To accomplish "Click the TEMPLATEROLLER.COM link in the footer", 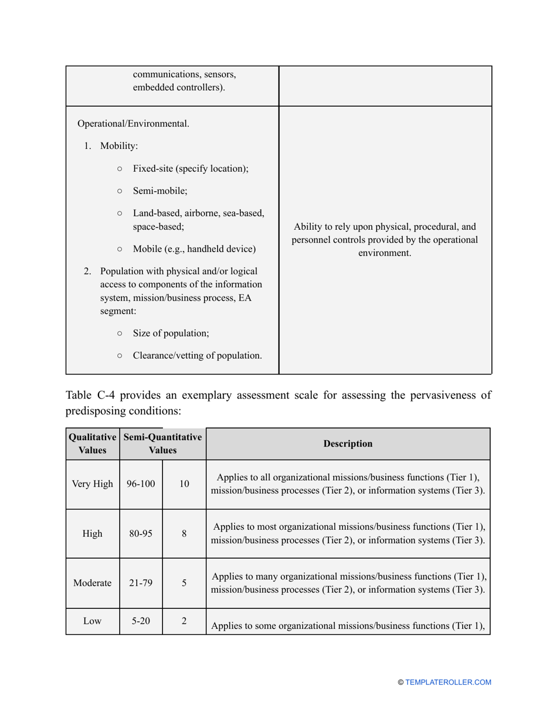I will [x=448, y=682].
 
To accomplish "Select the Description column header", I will [x=348, y=444].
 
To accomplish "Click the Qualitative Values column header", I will [x=93, y=444].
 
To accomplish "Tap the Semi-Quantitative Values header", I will [x=162, y=444].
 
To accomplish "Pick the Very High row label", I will [x=93, y=484].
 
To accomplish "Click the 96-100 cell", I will [x=141, y=484].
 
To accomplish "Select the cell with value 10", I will [x=184, y=484].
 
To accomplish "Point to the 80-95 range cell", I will [x=141, y=533].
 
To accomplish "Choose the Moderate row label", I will [x=93, y=583].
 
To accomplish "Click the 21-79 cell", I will [x=141, y=583].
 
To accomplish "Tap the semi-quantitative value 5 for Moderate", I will [x=184, y=583].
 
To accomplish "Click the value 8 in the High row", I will [x=184, y=533].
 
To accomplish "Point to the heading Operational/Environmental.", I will [x=133, y=124].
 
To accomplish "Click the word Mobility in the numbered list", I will [x=119, y=146].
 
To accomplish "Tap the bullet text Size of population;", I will [x=171, y=333].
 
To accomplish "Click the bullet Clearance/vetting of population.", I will [x=197, y=355].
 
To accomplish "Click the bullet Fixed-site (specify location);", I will [x=191, y=168].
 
